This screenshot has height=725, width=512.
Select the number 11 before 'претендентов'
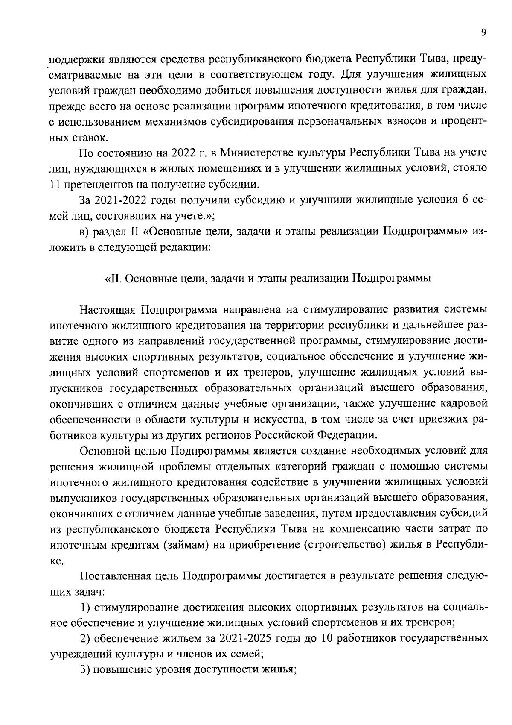tap(55, 185)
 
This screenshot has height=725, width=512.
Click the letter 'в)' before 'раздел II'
tap(85, 232)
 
